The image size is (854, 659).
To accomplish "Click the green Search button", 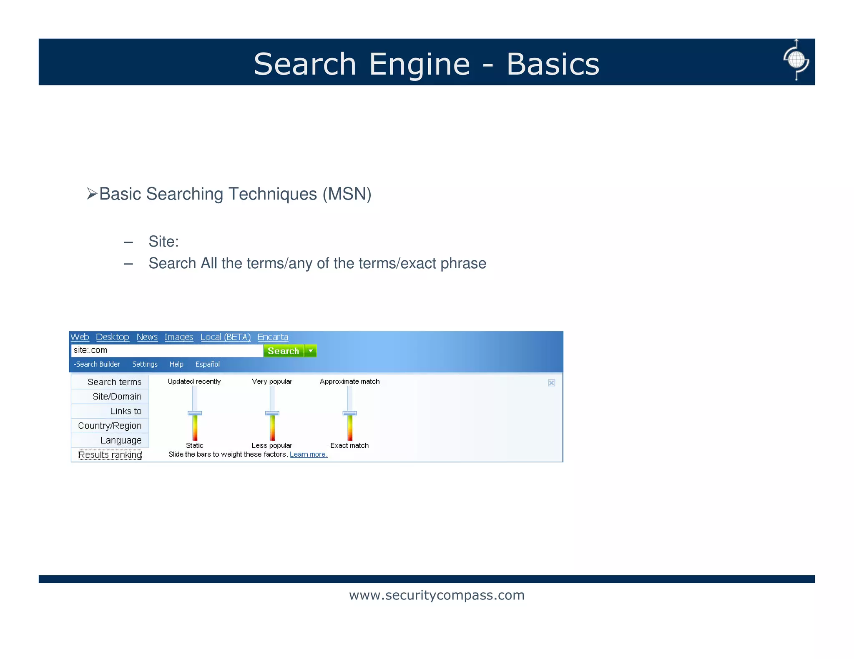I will [284, 351].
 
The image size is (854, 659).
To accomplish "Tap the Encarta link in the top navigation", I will [273, 337].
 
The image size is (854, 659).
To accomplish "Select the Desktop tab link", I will [113, 337].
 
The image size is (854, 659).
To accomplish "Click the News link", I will [147, 337].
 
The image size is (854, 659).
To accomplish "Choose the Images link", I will [179, 337].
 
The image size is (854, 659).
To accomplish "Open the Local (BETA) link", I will [226, 337].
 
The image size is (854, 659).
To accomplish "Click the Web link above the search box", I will [80, 337].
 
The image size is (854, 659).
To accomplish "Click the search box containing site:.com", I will [167, 351].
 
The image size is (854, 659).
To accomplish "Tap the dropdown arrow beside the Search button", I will [311, 351].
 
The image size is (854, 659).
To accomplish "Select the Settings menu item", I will [145, 364].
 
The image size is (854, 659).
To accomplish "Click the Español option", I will [208, 364].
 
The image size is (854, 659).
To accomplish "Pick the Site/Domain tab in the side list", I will [117, 397].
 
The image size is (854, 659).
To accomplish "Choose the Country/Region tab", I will [110, 426].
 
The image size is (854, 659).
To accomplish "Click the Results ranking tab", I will [110, 455].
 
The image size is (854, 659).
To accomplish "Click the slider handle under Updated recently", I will [195, 413].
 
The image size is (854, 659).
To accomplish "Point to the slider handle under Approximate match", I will [349, 413].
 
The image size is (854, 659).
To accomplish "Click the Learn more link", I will [309, 454].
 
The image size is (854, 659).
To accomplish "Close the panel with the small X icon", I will [551, 383].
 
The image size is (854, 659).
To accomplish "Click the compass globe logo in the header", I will [796, 60].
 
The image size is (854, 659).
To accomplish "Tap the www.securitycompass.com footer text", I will [437, 595].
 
